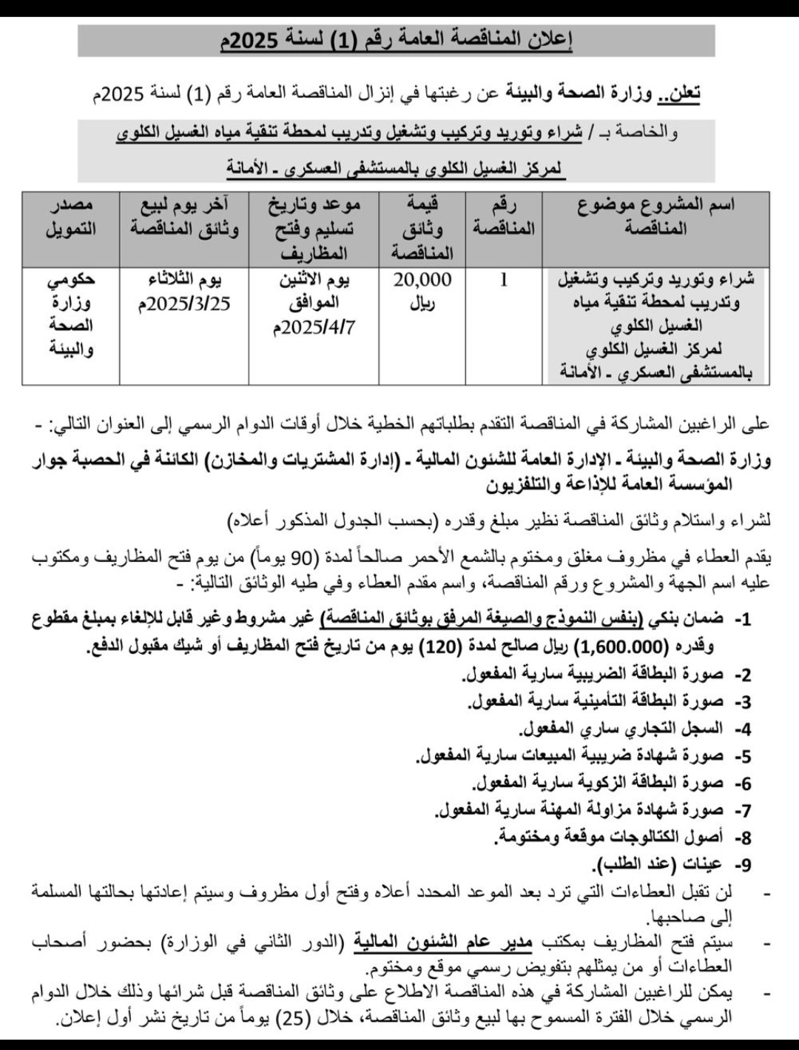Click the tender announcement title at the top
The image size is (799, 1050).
397,41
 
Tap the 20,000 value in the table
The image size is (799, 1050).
422,280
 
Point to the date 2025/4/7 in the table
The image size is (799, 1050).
315,327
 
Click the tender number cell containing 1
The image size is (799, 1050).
504,281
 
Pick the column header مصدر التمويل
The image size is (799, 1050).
71,217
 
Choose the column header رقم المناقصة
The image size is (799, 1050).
504,217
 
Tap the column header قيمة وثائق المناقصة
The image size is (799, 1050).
422,228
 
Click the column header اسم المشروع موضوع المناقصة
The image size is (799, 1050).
655,217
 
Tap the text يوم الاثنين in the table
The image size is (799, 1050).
315,280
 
